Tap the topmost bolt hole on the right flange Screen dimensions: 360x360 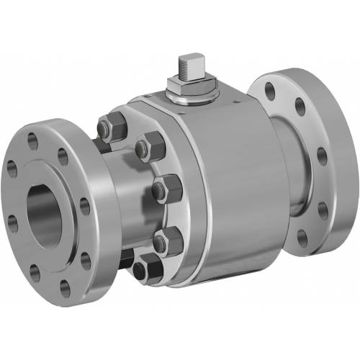pyautogui.click(x=269, y=91)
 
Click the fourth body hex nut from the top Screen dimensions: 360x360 pyautogui.click(x=166, y=240)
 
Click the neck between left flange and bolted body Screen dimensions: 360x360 pyautogui.click(x=115, y=209)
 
